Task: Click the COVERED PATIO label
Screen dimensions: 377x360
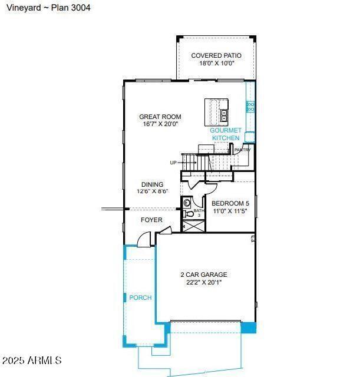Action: tap(216, 56)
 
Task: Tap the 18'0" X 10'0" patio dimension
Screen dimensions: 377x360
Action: tap(216, 63)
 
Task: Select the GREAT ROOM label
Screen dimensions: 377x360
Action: tap(160, 117)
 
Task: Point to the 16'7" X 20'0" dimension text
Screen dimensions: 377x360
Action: tap(160, 124)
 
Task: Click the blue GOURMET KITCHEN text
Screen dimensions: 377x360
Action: tap(226, 134)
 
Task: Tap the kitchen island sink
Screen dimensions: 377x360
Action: tap(224, 114)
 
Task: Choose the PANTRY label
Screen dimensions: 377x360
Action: tap(243, 150)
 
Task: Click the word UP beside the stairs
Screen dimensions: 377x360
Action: tap(173, 163)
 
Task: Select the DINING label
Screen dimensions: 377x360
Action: tap(152, 184)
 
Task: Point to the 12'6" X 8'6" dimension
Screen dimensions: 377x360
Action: tap(153, 192)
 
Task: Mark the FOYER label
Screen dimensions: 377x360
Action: tap(151, 220)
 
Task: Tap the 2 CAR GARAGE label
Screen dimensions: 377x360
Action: tap(203, 275)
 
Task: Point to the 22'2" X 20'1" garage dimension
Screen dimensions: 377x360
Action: tap(203, 282)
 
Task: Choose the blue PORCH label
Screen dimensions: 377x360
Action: tap(140, 297)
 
